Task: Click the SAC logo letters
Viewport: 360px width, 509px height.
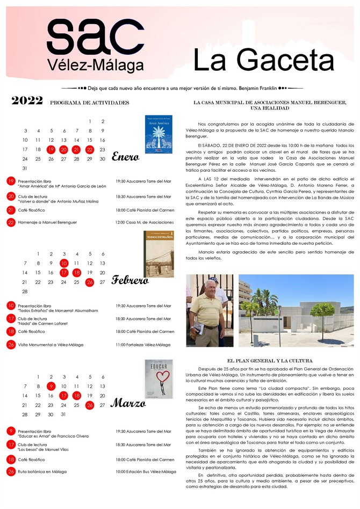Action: tap(89, 36)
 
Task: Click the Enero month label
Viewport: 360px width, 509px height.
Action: tap(126, 157)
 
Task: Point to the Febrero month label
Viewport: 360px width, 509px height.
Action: tap(130, 280)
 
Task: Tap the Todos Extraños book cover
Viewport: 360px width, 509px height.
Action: tap(159, 254)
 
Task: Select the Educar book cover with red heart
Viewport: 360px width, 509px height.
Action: tap(159, 379)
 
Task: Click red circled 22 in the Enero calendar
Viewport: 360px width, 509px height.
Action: tap(90, 150)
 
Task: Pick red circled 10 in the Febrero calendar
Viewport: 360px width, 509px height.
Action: tap(64, 263)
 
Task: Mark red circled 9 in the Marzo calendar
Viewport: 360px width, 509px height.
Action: tap(51, 386)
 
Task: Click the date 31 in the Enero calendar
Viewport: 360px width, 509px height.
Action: tap(25, 169)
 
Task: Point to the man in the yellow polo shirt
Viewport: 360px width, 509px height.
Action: tap(206, 311)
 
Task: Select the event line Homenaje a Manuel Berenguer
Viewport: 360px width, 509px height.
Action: tap(47, 222)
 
